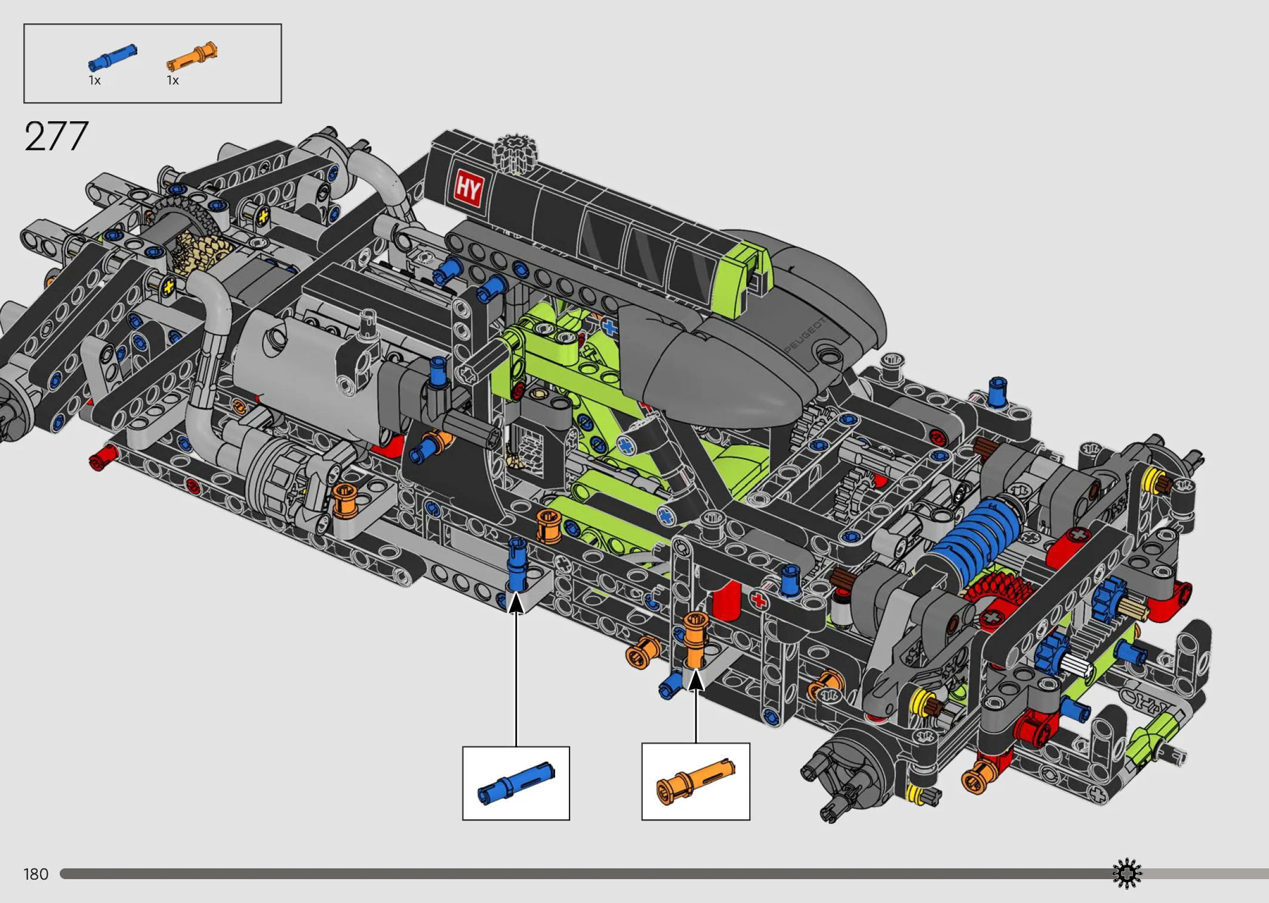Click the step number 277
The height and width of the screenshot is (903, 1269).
56,136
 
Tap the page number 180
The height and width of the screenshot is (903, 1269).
36,874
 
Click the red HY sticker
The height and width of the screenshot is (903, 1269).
468,188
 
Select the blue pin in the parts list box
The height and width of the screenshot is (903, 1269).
112,58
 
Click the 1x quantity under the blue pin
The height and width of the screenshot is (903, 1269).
94,81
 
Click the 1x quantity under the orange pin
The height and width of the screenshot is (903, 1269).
173,81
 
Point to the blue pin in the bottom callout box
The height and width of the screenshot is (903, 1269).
516,784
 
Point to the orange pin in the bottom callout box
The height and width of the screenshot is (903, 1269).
695,782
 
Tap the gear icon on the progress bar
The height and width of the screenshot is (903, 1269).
1126,874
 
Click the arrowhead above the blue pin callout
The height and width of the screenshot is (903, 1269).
516,602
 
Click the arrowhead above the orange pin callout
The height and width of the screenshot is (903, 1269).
695,680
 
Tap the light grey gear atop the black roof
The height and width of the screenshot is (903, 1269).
515,153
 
